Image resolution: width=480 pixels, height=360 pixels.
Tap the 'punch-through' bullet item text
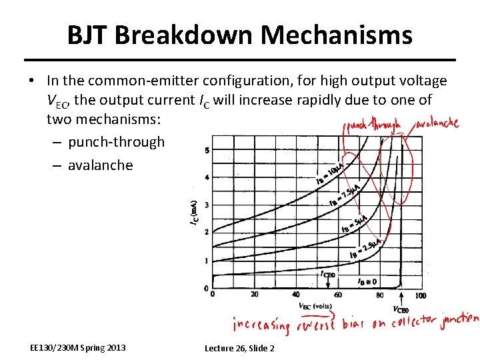[116, 142]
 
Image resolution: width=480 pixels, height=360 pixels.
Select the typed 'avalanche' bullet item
[100, 165]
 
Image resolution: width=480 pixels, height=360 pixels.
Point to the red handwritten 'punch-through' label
[373, 125]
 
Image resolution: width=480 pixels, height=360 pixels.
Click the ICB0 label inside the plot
[328, 274]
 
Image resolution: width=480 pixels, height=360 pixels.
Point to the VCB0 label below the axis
[401, 309]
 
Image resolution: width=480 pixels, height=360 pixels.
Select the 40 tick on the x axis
[295, 295]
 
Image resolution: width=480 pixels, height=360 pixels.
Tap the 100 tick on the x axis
[420, 295]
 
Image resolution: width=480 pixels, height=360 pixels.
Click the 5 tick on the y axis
[207, 150]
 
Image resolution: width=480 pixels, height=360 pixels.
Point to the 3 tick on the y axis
[207, 205]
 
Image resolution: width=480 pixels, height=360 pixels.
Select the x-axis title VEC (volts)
[315, 306]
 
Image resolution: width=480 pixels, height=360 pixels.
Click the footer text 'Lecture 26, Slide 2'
[239, 348]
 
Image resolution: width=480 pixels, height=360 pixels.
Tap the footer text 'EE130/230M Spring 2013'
[78, 347]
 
